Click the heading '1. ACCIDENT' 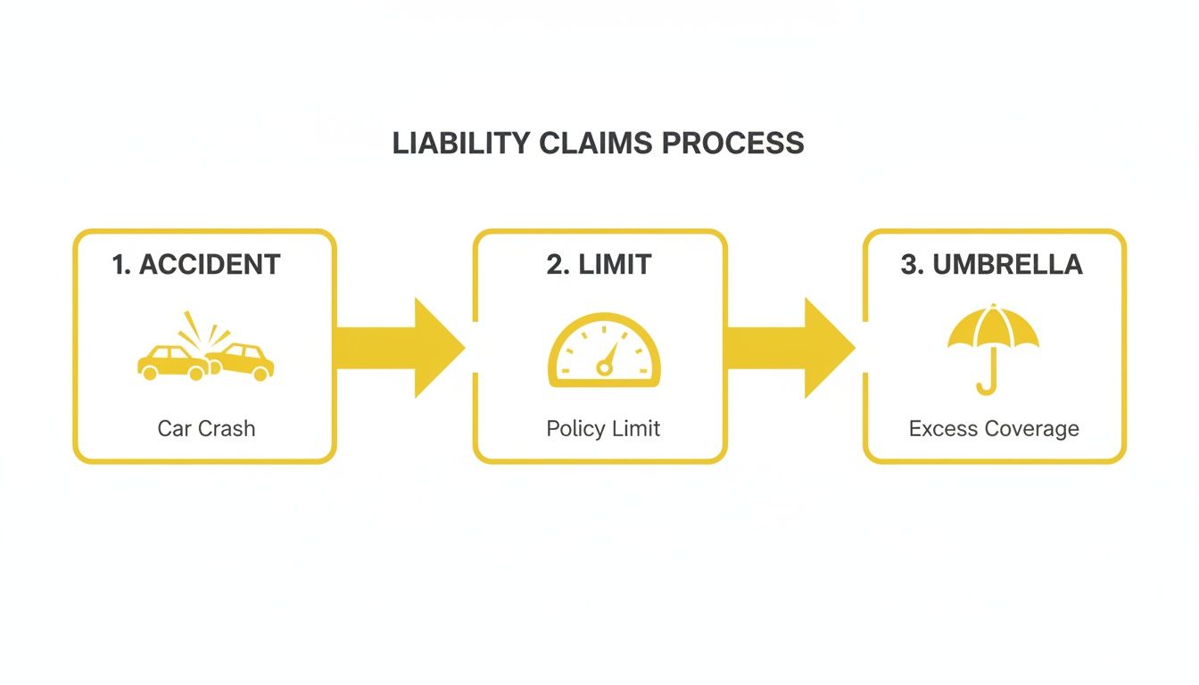(196, 264)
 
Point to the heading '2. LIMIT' (599, 264)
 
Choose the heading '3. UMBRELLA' (991, 264)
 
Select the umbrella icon (993, 348)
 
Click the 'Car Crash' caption (206, 428)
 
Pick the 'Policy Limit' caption (603, 428)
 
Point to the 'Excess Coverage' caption (994, 428)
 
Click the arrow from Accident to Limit (401, 348)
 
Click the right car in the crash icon (242, 360)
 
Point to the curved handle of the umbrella (987, 384)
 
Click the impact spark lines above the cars (202, 329)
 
